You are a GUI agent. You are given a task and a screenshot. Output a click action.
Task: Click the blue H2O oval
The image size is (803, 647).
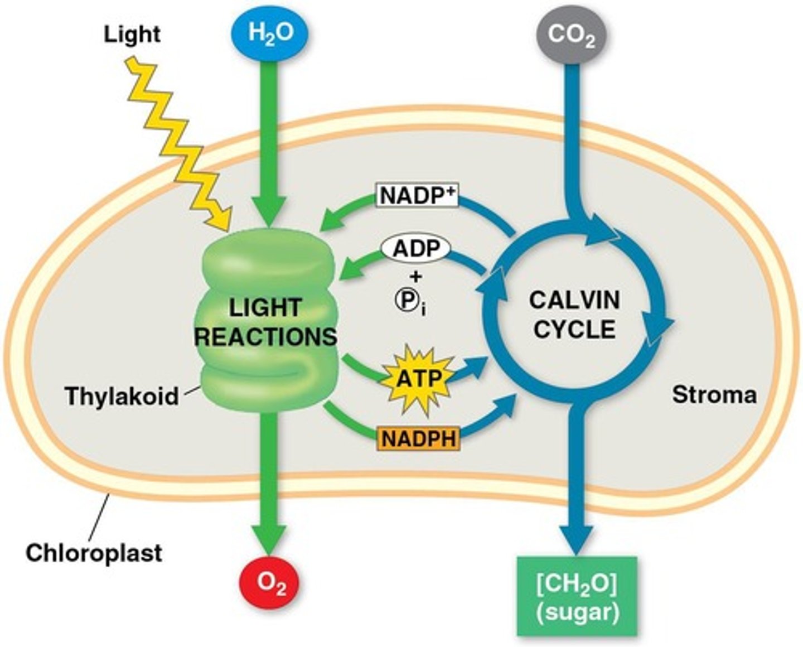pyautogui.click(x=270, y=34)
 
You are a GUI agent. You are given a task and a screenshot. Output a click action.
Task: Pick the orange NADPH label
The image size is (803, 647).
pyautogui.click(x=418, y=439)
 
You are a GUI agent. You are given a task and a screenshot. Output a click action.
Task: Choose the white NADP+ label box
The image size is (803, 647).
pyautogui.click(x=417, y=196)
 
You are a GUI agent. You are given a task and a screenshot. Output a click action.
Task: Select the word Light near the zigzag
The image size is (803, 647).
pyautogui.click(x=132, y=35)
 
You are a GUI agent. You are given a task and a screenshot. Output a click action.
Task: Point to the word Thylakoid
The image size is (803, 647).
pyautogui.click(x=122, y=396)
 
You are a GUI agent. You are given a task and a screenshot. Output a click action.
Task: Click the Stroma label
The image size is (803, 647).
pyautogui.click(x=714, y=395)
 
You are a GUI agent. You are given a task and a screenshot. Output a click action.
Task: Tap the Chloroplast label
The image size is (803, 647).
pyautogui.click(x=94, y=553)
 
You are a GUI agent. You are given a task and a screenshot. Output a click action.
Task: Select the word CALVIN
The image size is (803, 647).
pyautogui.click(x=574, y=300)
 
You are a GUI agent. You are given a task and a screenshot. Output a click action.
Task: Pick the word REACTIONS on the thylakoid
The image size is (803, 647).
pyautogui.click(x=268, y=336)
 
